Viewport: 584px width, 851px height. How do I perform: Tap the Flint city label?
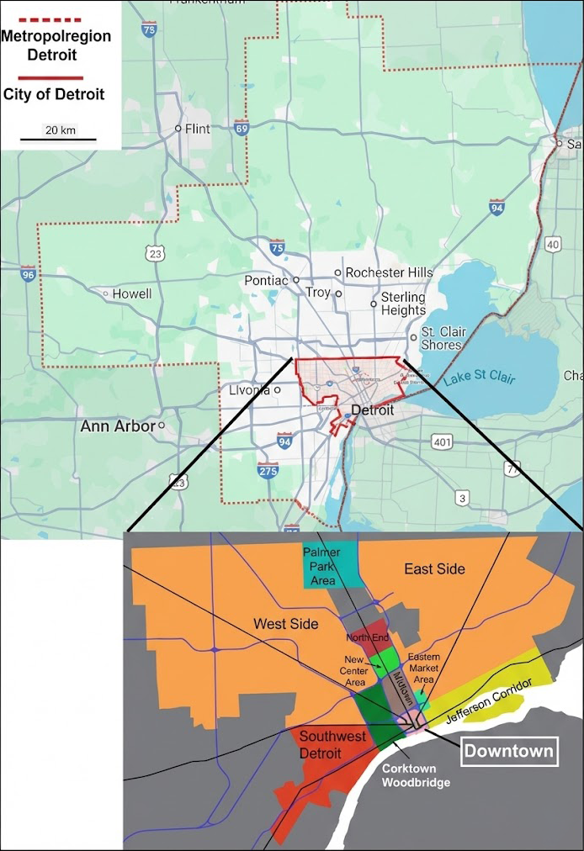(x=197, y=129)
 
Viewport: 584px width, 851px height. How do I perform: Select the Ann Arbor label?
(x=118, y=426)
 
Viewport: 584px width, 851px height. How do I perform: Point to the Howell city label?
(x=132, y=293)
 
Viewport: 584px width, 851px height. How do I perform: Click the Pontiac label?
(x=266, y=280)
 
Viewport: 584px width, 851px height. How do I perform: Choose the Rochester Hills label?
(x=389, y=272)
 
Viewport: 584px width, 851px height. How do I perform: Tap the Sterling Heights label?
(x=403, y=304)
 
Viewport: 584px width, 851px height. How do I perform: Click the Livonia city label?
(x=249, y=390)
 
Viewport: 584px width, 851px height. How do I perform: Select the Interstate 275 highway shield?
(x=268, y=471)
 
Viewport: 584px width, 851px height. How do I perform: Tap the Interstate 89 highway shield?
(x=242, y=129)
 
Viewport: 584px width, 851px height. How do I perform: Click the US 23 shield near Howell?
(x=154, y=254)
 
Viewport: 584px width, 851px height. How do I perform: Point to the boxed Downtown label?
(x=509, y=751)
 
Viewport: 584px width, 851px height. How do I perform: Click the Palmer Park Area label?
(x=321, y=566)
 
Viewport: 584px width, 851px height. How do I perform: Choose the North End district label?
(x=367, y=637)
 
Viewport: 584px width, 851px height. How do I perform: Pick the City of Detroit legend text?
(x=54, y=94)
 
